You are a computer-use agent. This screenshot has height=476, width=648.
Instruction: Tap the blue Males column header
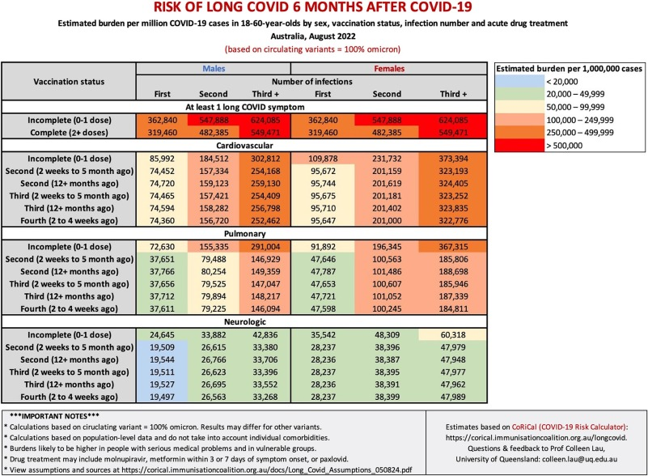click(214, 70)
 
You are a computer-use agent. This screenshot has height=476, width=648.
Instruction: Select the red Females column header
click(388, 70)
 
